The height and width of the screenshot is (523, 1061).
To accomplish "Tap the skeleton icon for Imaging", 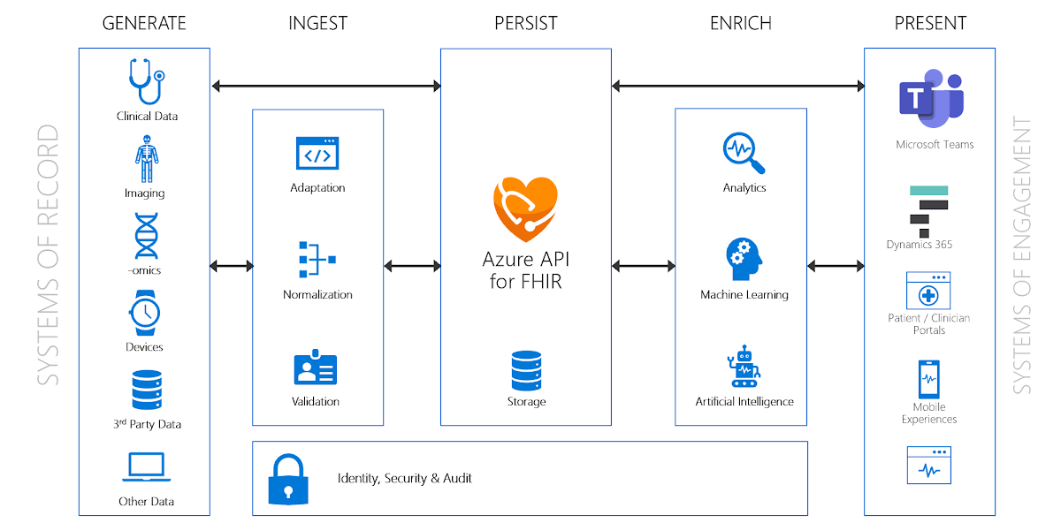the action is coord(147,159).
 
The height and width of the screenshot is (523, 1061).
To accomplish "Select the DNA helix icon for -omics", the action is coord(147,236).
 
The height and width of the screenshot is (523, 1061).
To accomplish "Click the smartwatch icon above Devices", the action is coord(144,313).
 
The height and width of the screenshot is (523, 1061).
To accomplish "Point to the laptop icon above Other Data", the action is coord(147,467).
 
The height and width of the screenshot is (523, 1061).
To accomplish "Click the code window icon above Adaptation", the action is coord(317,153).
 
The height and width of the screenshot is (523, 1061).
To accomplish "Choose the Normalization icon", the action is coord(317,259).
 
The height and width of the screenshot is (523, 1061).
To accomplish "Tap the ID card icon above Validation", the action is coord(316,368).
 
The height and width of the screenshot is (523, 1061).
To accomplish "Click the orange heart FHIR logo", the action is coord(525,208).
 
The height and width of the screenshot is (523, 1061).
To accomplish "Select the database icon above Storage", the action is coord(526,370).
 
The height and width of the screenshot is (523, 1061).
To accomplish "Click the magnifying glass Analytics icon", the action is coord(744,153).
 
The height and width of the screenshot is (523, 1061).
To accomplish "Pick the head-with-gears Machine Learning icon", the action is coord(744,259).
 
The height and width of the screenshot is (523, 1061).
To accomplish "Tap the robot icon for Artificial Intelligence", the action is coord(744,366).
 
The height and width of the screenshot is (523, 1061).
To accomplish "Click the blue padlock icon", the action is coord(288,479).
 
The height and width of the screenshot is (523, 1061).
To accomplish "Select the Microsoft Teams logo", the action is coord(931,98).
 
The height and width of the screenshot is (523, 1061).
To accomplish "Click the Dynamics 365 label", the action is coord(919,245).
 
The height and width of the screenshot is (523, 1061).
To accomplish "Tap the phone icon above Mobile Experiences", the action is coord(929,379).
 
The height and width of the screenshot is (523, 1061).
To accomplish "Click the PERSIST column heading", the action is coord(526,23).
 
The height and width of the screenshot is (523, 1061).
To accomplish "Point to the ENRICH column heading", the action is coord(741,23).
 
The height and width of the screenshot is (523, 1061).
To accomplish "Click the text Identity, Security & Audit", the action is coord(405,479).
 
